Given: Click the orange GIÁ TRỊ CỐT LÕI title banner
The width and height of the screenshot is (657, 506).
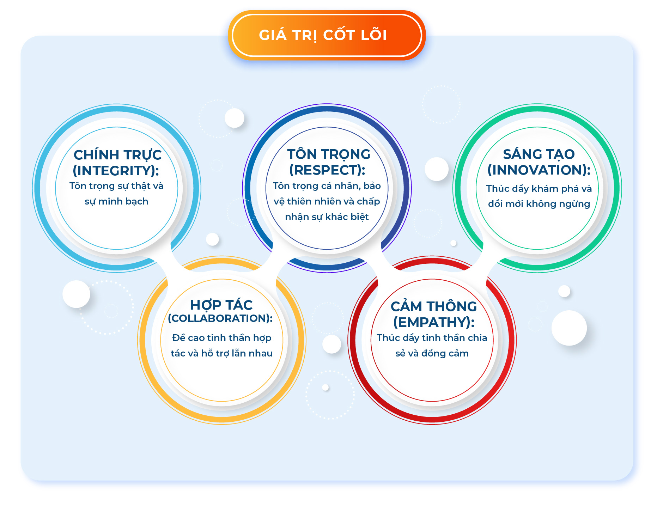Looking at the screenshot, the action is pos(327,35).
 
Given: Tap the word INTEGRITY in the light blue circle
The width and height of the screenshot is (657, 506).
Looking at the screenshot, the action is pos(116,171).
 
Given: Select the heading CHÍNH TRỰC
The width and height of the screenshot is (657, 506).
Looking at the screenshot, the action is pos(117,155).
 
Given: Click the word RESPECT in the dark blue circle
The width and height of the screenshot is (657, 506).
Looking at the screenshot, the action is pos(327,170).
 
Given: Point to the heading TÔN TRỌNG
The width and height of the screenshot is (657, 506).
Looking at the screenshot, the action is pos(329,154).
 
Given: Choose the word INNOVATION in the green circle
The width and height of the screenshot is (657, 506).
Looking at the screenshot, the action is pos(539,170).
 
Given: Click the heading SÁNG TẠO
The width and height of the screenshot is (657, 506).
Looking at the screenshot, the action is pos(539,154).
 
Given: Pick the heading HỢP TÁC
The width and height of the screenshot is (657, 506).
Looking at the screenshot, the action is pos(221,305).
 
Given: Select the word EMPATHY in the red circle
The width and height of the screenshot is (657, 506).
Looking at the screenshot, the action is pos(434,322).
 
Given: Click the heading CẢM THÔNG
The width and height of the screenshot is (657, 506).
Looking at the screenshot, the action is pos(434,306).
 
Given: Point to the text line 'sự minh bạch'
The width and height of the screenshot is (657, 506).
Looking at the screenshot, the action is pos(116,202).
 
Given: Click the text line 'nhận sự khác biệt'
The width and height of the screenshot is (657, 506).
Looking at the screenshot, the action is pos(327,217).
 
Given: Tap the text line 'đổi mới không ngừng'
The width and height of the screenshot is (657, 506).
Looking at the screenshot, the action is pos(539,204).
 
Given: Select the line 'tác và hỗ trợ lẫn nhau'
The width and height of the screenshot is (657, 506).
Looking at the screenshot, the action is pos(221,353).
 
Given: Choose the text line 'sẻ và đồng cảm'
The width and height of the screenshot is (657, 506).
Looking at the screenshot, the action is pos(432,353).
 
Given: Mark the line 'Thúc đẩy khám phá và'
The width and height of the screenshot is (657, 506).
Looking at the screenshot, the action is pos(539,189).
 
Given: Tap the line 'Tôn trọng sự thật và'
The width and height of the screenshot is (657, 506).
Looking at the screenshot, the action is pos(116,186).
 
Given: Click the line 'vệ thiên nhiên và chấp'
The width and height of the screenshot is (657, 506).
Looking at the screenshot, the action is pos(327,201).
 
